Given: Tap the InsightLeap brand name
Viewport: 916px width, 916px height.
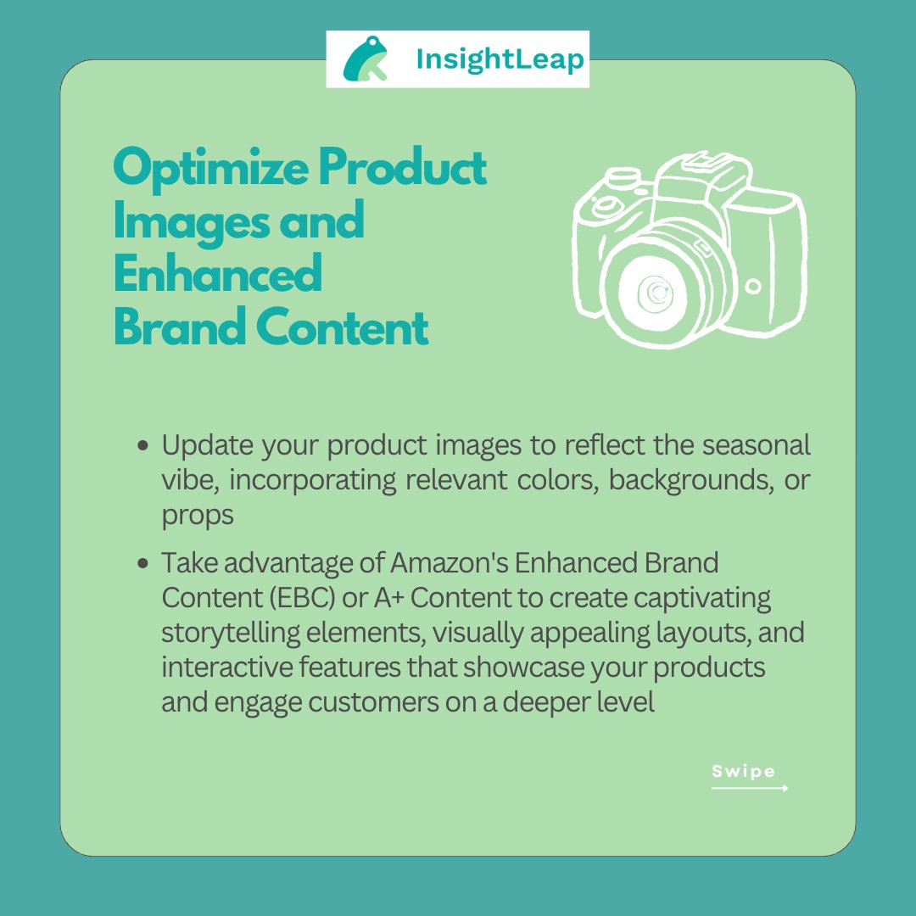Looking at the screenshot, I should [x=500, y=59].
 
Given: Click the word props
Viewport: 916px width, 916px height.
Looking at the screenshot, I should [x=198, y=515].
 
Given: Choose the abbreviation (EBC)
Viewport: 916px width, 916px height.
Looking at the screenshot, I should [x=293, y=597].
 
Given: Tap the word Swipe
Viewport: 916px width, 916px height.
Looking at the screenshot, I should [x=743, y=771].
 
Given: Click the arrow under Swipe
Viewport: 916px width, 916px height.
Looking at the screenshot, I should [x=750, y=788].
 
